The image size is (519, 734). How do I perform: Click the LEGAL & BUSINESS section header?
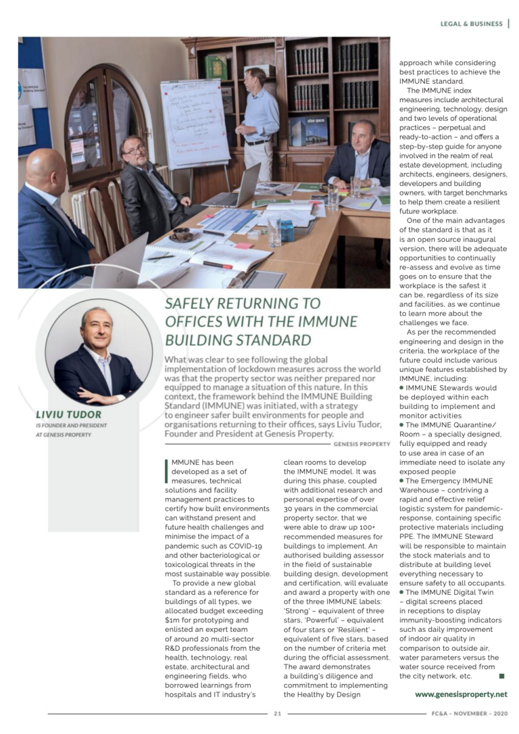pos(471,24)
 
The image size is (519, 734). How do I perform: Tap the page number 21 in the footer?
pos(277,713)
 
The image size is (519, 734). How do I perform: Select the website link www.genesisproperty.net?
pos(461,693)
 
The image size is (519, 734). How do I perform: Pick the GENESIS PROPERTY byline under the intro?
pos(362,444)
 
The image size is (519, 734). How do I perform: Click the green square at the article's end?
pos(501,675)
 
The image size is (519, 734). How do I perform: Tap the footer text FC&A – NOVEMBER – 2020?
pos(468,713)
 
